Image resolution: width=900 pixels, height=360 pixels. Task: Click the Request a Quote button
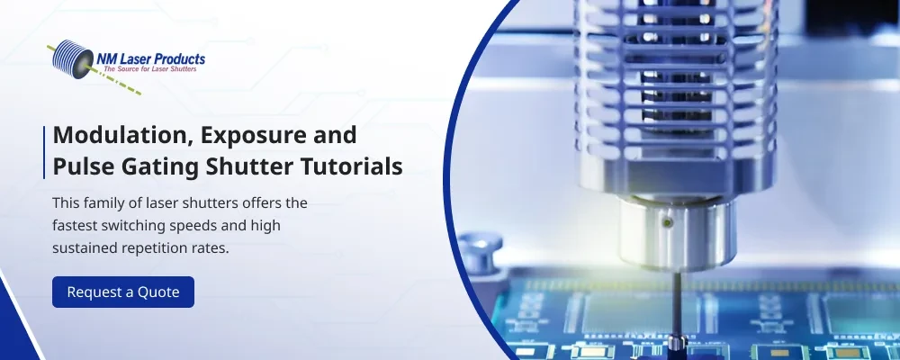[x=123, y=292]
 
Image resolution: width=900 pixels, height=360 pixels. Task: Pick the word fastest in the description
[x=74, y=226]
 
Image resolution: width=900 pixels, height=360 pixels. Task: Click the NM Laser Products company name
[x=150, y=58]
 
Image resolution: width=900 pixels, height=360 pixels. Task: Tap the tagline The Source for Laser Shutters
[x=149, y=69]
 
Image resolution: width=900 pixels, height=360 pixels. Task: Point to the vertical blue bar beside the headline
[x=44, y=152]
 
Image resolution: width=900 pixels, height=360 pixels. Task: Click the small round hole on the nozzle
[x=666, y=221]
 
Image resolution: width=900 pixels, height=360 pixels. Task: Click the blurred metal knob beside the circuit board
[x=480, y=251]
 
